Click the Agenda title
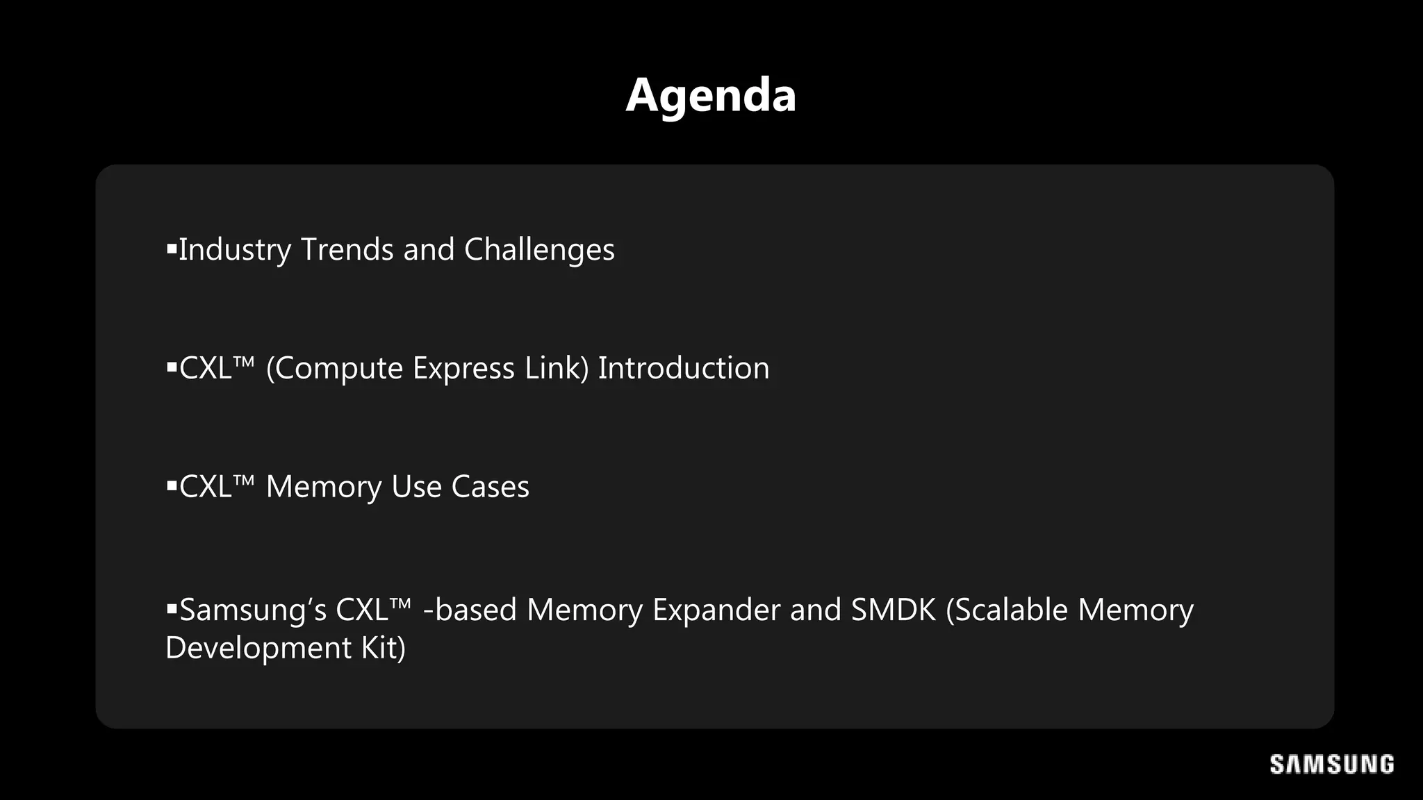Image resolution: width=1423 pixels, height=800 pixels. click(x=711, y=96)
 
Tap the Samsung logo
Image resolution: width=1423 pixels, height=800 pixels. click(x=1331, y=764)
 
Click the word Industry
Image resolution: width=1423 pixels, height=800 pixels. click(x=235, y=250)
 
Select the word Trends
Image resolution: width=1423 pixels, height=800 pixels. click(x=347, y=250)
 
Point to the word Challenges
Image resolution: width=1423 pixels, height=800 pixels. click(x=539, y=250)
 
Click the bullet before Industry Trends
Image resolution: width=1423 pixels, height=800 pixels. click(x=172, y=247)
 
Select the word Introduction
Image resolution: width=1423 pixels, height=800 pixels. click(x=684, y=369)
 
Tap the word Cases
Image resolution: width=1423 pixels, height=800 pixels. click(x=491, y=487)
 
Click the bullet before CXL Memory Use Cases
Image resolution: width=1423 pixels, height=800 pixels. click(x=172, y=485)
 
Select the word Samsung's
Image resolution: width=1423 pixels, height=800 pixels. click(x=253, y=610)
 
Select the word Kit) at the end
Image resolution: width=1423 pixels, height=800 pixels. click(x=383, y=649)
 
